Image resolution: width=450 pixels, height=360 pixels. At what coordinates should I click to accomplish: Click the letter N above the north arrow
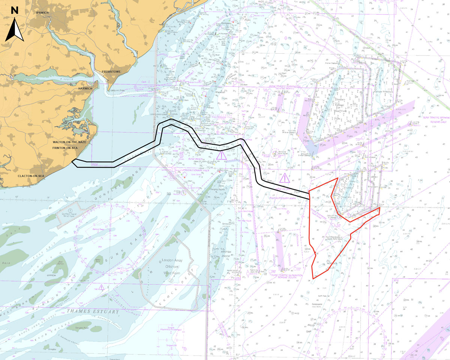[x=15, y=10]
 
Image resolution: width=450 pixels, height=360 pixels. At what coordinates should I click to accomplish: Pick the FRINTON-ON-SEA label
[x=64, y=148]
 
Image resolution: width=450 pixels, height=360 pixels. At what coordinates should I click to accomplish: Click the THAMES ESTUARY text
[x=91, y=311]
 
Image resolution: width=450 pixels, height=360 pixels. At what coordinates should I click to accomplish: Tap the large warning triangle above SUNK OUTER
[x=285, y=178]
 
